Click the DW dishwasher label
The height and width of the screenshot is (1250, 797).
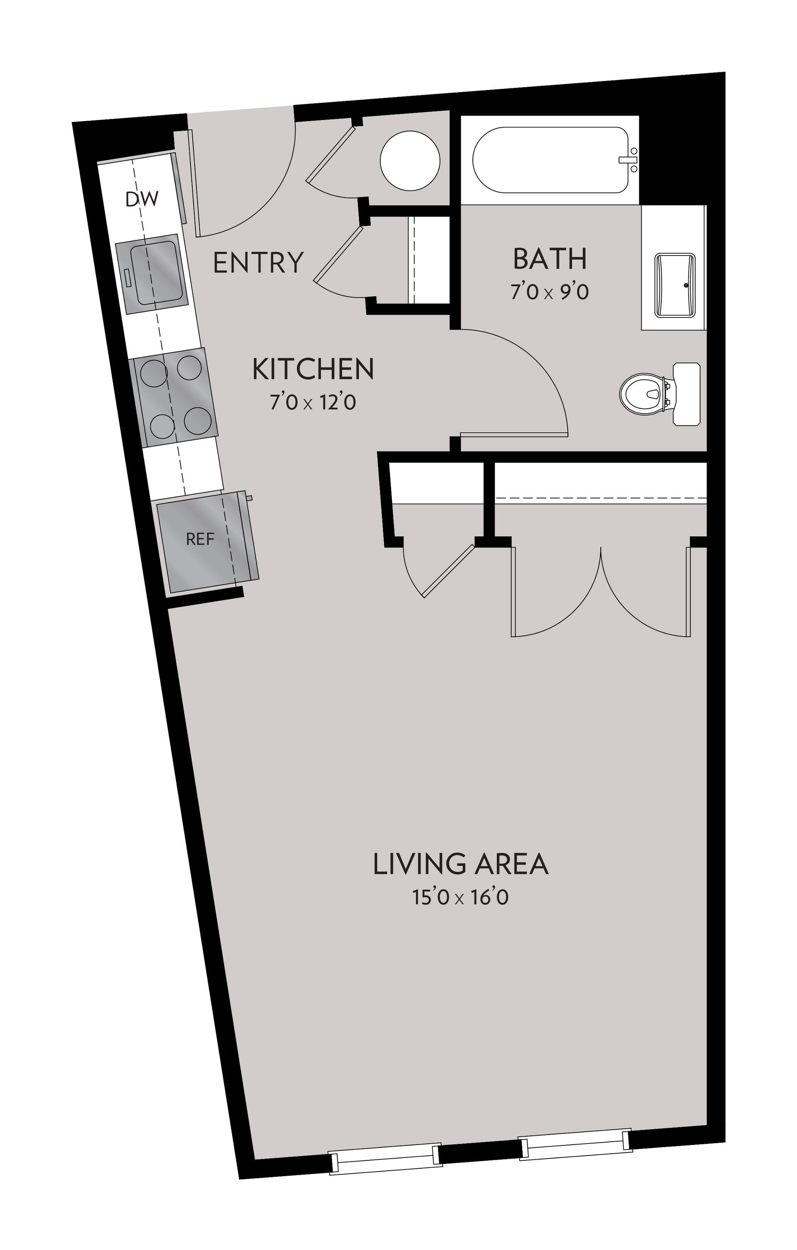click(142, 199)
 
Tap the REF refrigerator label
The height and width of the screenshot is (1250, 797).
click(200, 540)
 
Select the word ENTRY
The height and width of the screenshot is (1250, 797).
click(258, 262)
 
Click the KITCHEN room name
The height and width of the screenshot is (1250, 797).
click(313, 369)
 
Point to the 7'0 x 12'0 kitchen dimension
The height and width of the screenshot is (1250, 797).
click(313, 402)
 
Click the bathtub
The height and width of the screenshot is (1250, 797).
click(550, 160)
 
